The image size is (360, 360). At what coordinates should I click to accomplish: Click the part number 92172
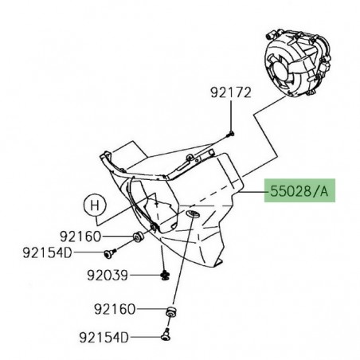tap(231, 93)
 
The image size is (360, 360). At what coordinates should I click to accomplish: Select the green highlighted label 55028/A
tap(299, 190)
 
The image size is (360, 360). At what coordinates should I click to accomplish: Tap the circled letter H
tap(95, 205)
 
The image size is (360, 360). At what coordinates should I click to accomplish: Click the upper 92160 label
tap(80, 237)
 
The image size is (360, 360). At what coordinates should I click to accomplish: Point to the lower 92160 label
tap(115, 309)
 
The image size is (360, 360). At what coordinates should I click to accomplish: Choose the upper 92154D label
tap(47, 252)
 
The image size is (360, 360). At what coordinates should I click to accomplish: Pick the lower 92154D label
tap(104, 338)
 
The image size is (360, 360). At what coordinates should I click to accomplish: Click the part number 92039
tap(108, 276)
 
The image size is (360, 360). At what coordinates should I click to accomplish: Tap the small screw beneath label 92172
tap(230, 135)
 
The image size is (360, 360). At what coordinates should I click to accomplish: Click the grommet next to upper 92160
tap(138, 237)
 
